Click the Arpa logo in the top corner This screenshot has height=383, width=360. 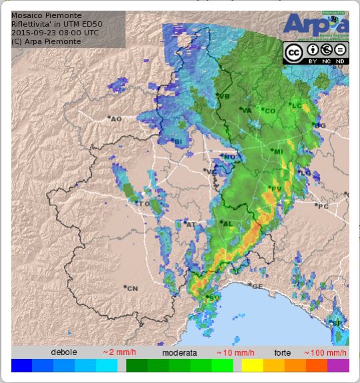tap(315, 25)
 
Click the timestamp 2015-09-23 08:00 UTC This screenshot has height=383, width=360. tap(55, 33)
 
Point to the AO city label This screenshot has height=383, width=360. tap(117, 119)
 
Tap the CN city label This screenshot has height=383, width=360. tap(132, 288)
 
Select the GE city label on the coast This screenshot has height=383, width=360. tap(257, 287)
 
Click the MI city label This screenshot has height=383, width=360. tap(278, 152)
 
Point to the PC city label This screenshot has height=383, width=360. tap(323, 206)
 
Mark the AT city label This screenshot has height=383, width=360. tap(191, 224)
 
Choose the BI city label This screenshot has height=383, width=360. tap(178, 141)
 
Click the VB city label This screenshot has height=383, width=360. tap(224, 97)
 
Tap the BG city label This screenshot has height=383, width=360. tap(321, 125)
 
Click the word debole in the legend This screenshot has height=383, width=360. tap(64, 352)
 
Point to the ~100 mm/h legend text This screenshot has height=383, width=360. tap(325, 352)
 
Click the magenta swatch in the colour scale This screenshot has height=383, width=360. tap(338, 366)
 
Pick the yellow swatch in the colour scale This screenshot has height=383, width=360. tap(252, 366)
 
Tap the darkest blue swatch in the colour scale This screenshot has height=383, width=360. tap(21, 366)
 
